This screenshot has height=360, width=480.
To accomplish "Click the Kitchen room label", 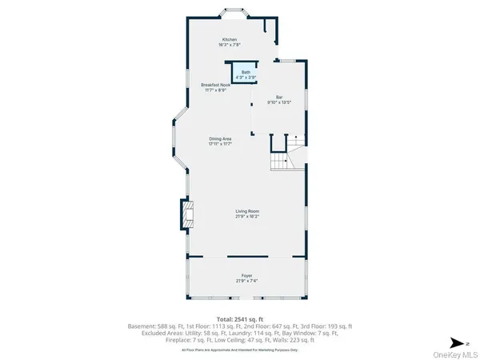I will (x=230, y=39).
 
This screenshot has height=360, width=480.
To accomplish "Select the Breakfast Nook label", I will (x=216, y=85).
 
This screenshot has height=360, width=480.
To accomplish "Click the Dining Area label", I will (x=220, y=138).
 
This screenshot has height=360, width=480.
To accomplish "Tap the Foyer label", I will (x=247, y=275).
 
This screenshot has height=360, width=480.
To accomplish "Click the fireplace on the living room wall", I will (x=186, y=214).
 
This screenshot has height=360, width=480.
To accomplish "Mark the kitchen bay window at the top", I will (x=235, y=14).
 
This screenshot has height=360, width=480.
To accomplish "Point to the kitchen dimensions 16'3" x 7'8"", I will (x=230, y=45).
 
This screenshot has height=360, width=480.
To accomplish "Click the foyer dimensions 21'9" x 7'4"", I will (x=247, y=281).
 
